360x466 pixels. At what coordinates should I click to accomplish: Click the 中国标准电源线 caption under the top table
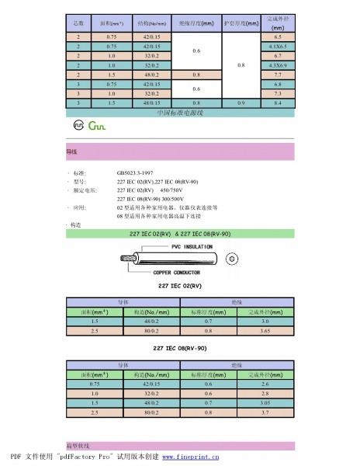[x=179, y=113]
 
